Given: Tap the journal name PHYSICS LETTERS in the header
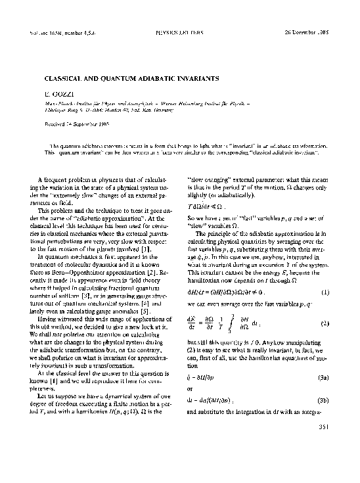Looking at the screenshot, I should click(177, 31).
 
